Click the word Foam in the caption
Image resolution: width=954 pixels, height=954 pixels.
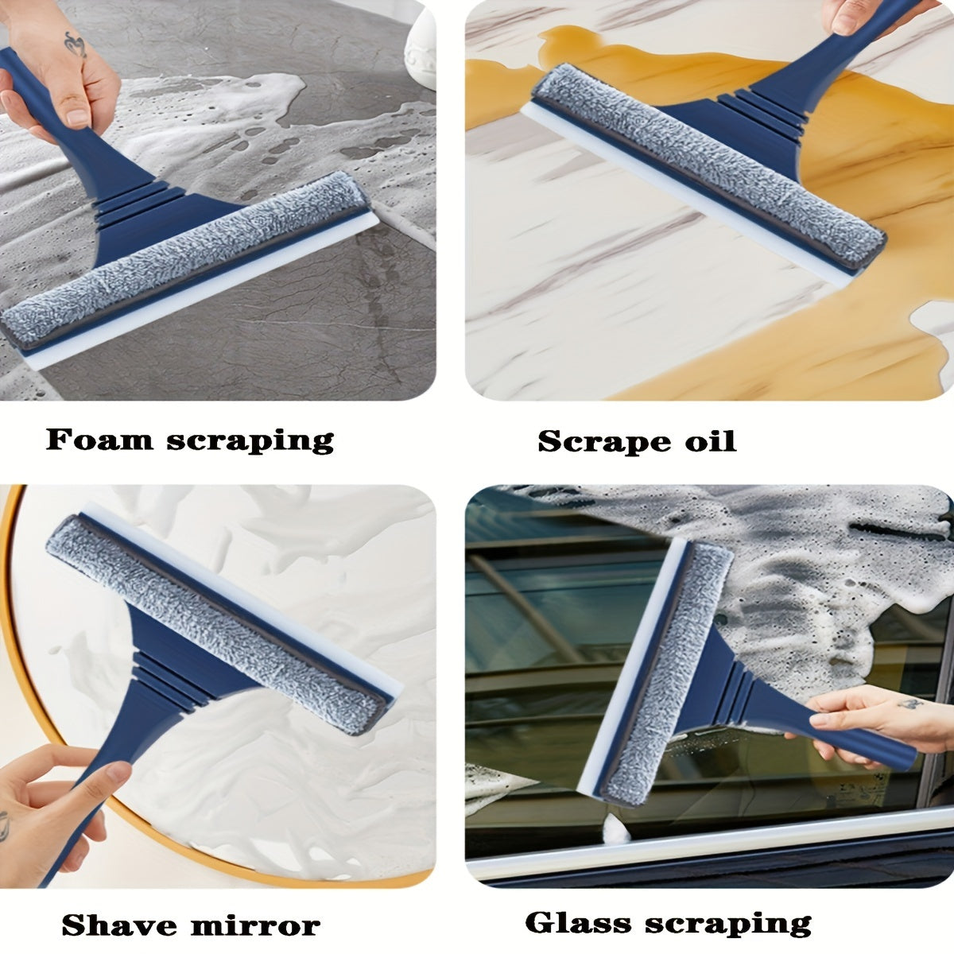pos(99,439)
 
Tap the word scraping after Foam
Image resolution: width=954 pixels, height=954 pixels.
pos(250,441)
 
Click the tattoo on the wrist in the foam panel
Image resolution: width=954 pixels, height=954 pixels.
pos(76,45)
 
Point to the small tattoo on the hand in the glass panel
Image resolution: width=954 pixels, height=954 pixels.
pos(911,704)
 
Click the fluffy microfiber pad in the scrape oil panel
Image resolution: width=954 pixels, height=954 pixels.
pos(710,168)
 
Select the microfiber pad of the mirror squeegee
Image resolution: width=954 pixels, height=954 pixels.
pos(217,624)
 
